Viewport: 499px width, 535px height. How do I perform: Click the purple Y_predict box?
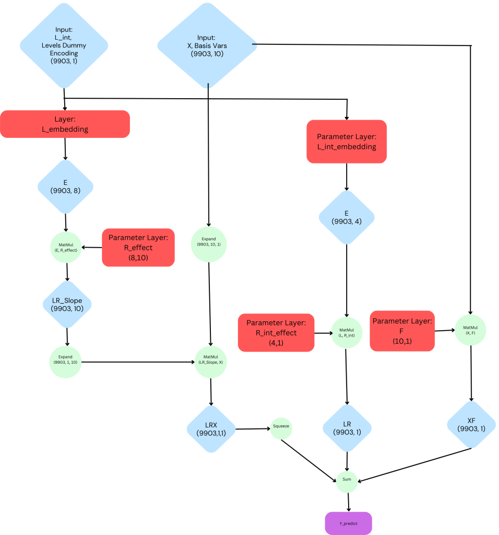pyautogui.click(x=348, y=522)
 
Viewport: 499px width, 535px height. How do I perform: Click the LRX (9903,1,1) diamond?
pyautogui.click(x=211, y=429)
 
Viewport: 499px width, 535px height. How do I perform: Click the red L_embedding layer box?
pyautogui.click(x=65, y=124)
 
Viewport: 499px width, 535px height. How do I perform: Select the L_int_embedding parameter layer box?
pyautogui.click(x=347, y=142)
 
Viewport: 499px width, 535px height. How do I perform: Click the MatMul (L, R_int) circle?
pyautogui.click(x=347, y=333)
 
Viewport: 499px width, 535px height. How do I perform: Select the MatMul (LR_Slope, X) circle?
pyautogui.click(x=211, y=360)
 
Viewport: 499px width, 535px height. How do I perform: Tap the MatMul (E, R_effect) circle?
pyautogui.click(x=66, y=248)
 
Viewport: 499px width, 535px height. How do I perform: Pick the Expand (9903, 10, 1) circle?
pyautogui.click(x=209, y=244)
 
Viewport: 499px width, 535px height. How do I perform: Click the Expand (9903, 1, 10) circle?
pyautogui.click(x=66, y=360)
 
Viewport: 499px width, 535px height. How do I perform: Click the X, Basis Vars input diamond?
pyautogui.click(x=207, y=45)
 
